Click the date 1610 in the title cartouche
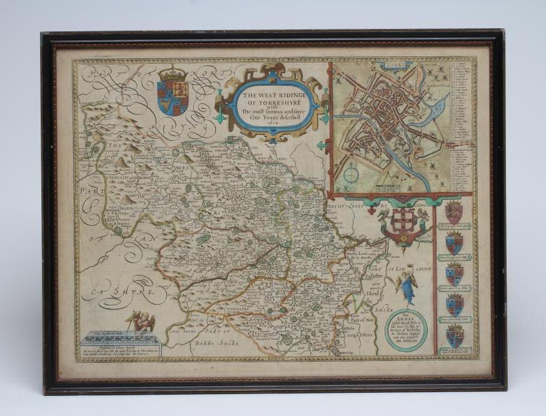point(271,122)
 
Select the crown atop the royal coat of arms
point(173,73)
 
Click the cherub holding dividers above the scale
point(142,322)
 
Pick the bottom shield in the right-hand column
point(454,336)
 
